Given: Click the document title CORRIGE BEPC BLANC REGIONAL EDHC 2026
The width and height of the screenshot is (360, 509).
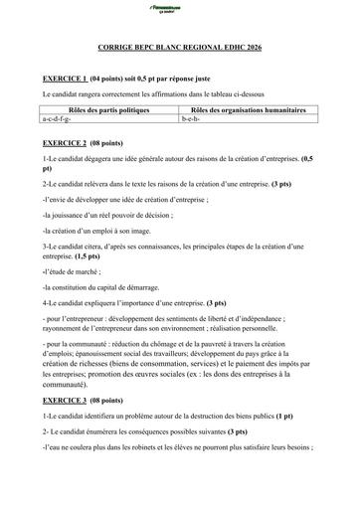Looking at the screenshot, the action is (180, 48).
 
